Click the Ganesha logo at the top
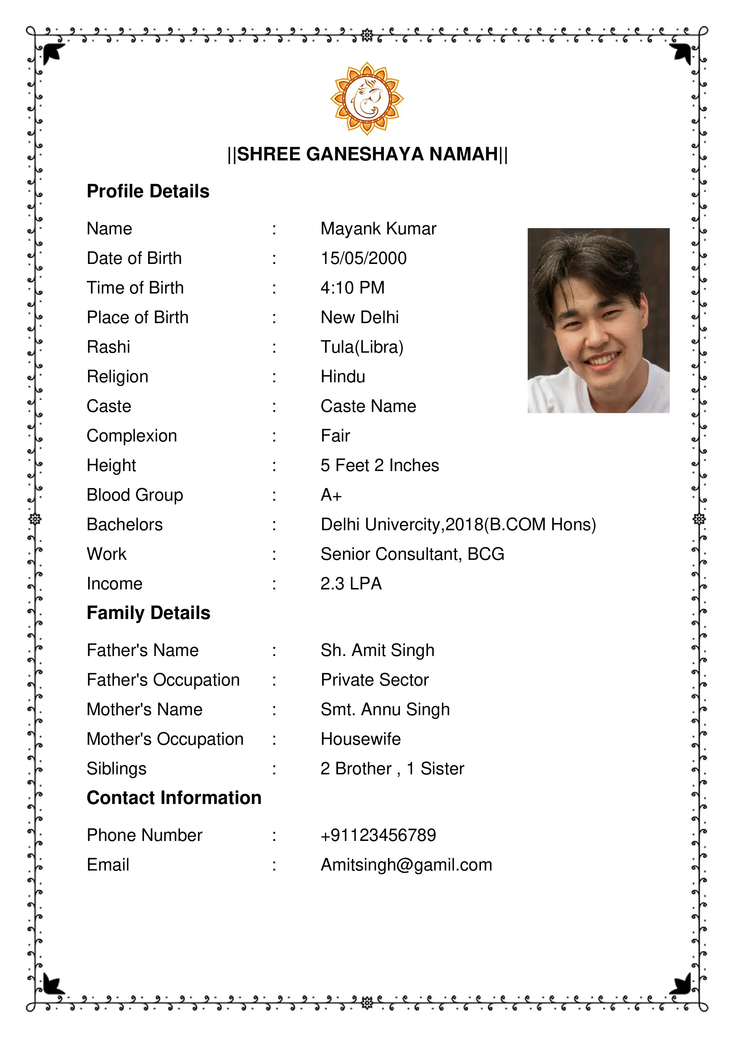[x=367, y=98]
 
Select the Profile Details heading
[x=148, y=191]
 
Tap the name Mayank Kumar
[x=378, y=229]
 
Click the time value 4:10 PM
[x=352, y=288]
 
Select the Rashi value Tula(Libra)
[x=362, y=347]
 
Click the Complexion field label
[x=132, y=436]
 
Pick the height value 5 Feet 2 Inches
[x=379, y=465]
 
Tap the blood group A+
[x=331, y=495]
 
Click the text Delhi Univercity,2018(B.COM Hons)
[x=458, y=524]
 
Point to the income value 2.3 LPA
[x=351, y=584]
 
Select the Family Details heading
[x=148, y=613]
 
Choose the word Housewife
[x=360, y=739]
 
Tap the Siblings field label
[x=116, y=768]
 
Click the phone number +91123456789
[x=378, y=835]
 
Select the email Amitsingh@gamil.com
[x=406, y=865]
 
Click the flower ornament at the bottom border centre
[x=367, y=1003]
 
